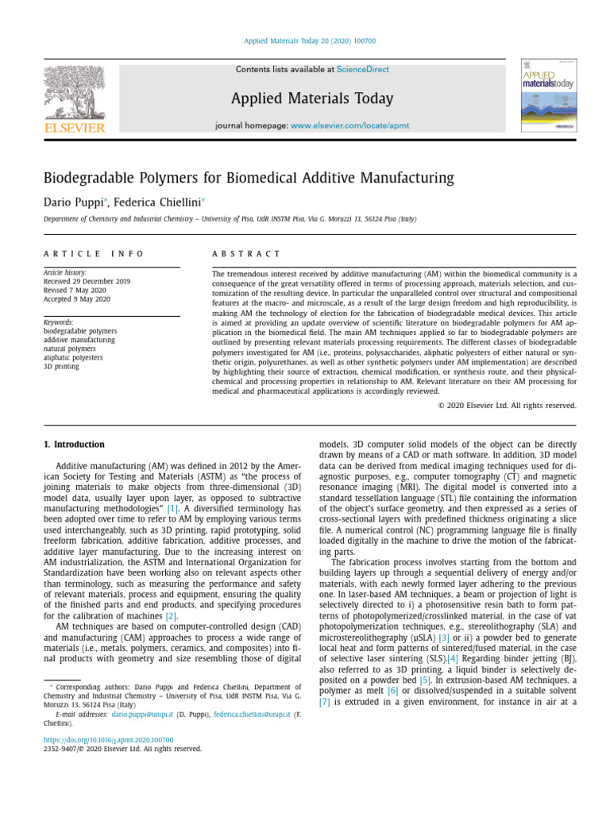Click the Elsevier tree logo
[x=73, y=94]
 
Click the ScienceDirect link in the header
[x=363, y=70]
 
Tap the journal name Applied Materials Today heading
[x=312, y=98]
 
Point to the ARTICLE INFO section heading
[x=94, y=253]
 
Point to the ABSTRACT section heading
[x=246, y=253]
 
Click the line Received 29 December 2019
[x=87, y=281]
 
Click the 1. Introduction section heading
[x=74, y=445]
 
